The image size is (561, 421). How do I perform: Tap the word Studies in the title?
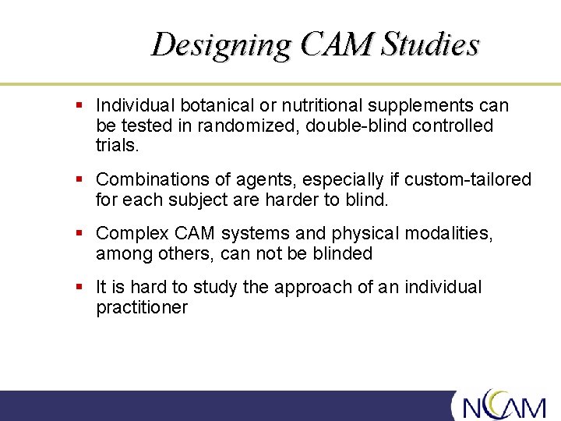point(429,45)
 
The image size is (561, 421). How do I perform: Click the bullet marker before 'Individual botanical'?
point(79,104)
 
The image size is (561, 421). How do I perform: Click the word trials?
point(117,146)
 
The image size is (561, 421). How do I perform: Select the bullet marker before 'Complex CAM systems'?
point(79,232)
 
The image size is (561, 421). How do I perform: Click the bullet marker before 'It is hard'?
point(79,286)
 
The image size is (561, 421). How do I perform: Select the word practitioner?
point(141,307)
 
